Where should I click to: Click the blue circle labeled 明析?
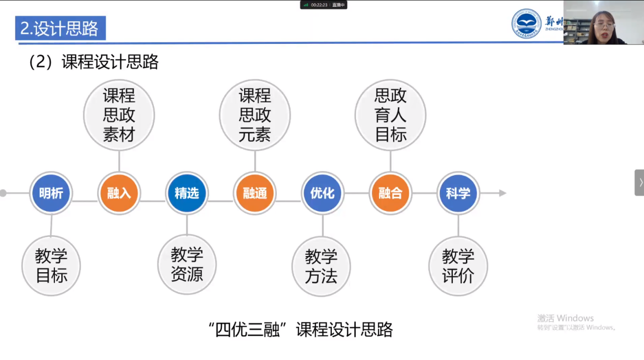(51, 193)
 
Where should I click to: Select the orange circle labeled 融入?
(119, 193)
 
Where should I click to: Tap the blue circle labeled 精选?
(187, 193)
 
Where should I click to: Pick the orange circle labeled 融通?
(255, 193)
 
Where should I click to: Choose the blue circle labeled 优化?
(322, 193)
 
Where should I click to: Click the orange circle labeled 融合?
(390, 193)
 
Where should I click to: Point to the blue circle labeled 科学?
(458, 193)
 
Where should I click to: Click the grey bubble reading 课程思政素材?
(119, 115)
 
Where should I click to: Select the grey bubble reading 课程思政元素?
(255, 115)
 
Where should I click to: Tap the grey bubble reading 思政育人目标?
(390, 115)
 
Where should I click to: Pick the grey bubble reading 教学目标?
(51, 266)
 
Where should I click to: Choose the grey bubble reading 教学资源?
(187, 264)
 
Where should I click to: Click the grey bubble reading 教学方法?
(321, 266)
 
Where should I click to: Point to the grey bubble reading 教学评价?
(458, 266)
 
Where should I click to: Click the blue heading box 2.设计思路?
(60, 29)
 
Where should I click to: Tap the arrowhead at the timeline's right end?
(502, 193)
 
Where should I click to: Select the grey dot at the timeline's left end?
(3, 193)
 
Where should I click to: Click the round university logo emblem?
(526, 24)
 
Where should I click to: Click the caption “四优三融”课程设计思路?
(301, 330)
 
